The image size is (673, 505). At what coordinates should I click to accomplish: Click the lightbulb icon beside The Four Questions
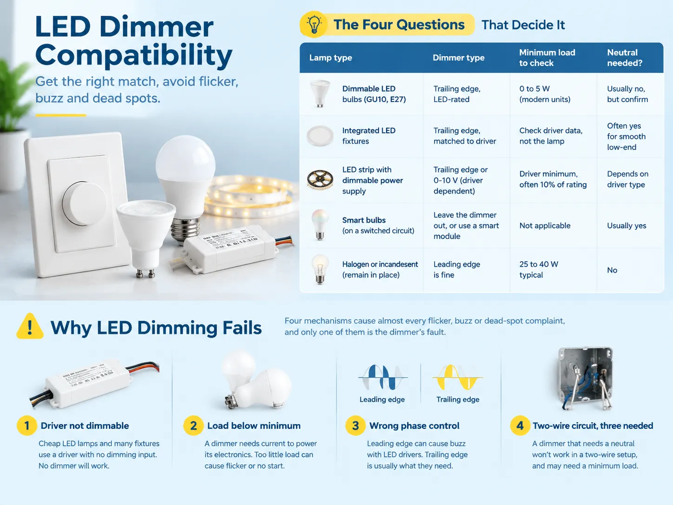pos(314,24)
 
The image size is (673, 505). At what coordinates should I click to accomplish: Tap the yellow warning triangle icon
pos(30,326)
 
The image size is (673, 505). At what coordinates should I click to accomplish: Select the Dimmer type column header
pos(458,58)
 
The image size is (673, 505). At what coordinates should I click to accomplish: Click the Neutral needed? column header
pos(624,58)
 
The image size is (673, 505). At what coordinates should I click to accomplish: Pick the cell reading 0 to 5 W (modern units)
pos(545,94)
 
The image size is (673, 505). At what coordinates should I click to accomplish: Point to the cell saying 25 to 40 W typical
pos(538,270)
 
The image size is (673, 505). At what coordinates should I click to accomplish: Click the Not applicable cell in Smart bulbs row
pos(545,226)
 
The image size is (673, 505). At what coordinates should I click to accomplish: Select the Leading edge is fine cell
pos(456,270)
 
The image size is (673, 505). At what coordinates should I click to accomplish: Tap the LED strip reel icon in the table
pos(320,180)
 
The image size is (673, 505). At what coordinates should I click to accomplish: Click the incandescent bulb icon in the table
pos(320,270)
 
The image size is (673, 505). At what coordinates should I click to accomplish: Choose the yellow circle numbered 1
pos(27,425)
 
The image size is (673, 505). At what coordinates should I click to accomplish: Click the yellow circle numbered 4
pos(520,425)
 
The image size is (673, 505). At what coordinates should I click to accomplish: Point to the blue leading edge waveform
pos(383,377)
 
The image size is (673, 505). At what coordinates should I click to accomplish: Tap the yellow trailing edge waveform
pos(457,377)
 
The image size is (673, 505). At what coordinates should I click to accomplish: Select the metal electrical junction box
pos(585,378)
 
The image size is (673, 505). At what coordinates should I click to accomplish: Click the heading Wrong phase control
pos(414,425)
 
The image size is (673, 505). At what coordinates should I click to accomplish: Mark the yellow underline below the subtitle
pos(61,115)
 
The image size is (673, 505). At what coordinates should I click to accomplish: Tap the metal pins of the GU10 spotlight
pos(145,273)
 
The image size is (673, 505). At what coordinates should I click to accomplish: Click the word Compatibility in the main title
pos(134,55)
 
